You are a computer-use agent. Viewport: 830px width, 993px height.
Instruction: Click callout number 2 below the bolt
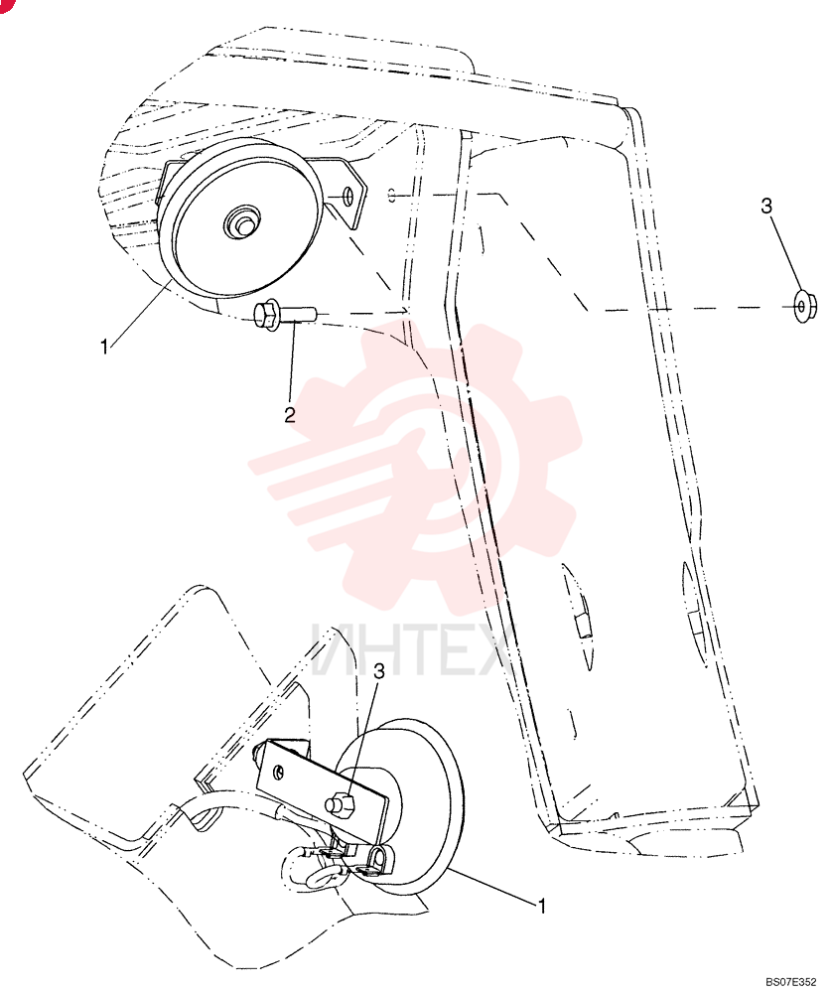(x=289, y=415)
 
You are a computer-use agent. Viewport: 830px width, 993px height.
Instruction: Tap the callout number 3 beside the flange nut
(x=766, y=207)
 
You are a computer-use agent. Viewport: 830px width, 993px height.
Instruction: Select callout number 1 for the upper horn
(x=104, y=347)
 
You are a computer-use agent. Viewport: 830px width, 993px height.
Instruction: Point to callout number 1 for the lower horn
(x=541, y=906)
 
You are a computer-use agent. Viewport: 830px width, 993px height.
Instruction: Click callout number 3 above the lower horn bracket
(x=379, y=671)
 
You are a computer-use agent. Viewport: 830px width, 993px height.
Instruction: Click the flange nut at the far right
(x=802, y=307)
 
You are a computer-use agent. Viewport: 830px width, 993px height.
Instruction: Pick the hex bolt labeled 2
(x=282, y=315)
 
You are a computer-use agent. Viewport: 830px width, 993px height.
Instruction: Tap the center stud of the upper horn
(x=239, y=221)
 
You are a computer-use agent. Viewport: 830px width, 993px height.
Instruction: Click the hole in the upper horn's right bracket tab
(x=347, y=197)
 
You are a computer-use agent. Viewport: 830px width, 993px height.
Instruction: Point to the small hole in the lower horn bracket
(x=279, y=772)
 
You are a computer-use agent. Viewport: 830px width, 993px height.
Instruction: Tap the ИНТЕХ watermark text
(x=411, y=650)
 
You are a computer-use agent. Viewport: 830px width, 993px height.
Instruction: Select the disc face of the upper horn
(x=240, y=217)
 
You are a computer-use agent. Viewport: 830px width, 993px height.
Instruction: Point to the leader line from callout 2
(x=293, y=363)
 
